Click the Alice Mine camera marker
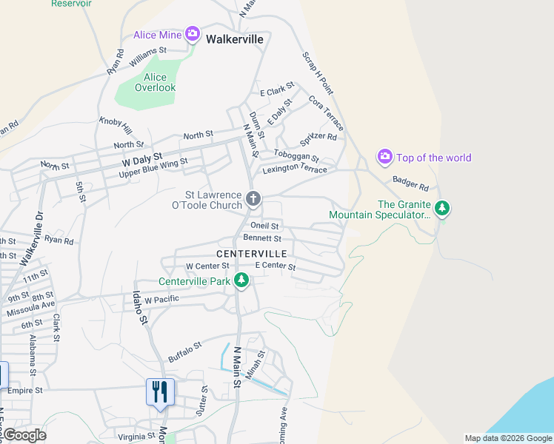(x=193, y=33)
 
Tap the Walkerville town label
(x=236, y=38)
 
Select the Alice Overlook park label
(x=156, y=82)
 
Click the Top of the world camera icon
(x=385, y=156)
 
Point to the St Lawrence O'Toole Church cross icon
(x=253, y=198)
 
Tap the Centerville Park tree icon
(x=241, y=280)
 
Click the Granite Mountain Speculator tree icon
(x=442, y=208)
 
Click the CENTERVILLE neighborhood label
(x=250, y=253)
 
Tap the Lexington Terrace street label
(x=296, y=169)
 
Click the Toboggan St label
(x=296, y=156)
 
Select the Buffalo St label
(x=185, y=347)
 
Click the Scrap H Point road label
(x=318, y=74)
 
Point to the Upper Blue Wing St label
(x=153, y=168)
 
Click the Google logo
(x=24, y=435)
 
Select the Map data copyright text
(x=507, y=438)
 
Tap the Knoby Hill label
(x=115, y=122)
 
